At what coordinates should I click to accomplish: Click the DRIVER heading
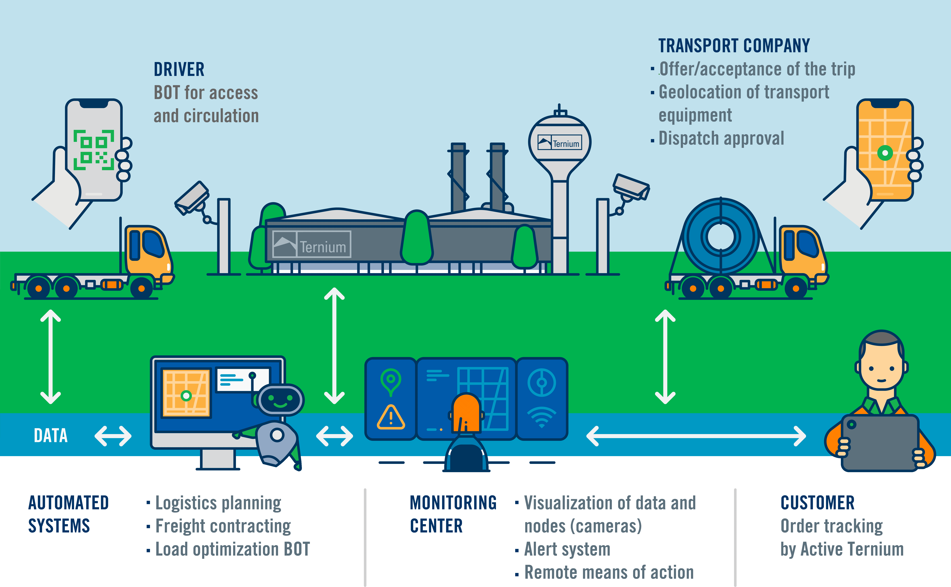pyautogui.click(x=179, y=70)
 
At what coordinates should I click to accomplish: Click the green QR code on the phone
pyautogui.click(x=94, y=150)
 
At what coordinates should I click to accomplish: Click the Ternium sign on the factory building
pyautogui.click(x=312, y=245)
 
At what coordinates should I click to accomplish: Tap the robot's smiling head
pyautogui.click(x=280, y=400)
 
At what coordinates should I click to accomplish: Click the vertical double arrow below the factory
pyautogui.click(x=334, y=346)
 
